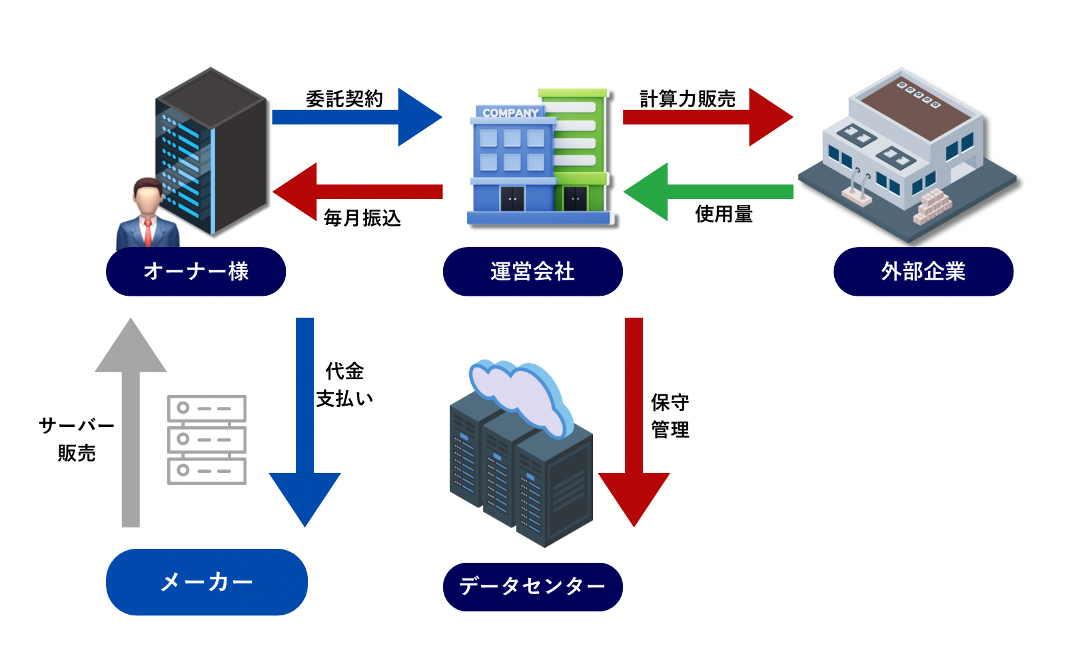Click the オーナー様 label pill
(x=196, y=272)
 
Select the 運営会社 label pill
(x=532, y=272)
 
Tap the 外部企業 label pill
(x=923, y=272)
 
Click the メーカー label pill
(x=207, y=582)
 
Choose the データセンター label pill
(x=532, y=587)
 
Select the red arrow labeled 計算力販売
(x=706, y=117)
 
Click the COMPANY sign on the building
(x=510, y=113)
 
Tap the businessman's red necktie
(x=147, y=232)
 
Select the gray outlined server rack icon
(x=207, y=440)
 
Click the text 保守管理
(x=670, y=416)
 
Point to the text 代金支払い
(x=344, y=385)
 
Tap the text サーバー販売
(x=77, y=439)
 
